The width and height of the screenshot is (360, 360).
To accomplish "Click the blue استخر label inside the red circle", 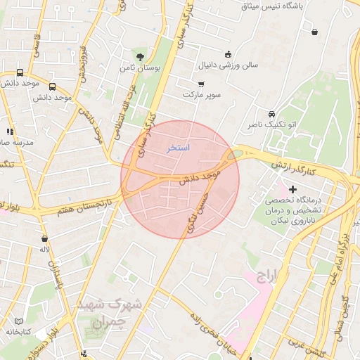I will tap(178, 148).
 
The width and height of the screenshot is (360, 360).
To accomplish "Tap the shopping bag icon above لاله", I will tap(44, 239).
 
